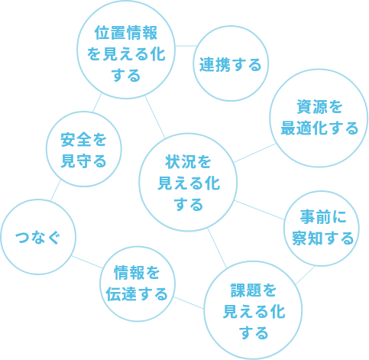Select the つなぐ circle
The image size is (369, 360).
click(x=38, y=199)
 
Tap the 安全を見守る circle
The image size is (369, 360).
click(x=84, y=112)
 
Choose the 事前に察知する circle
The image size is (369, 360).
click(x=322, y=191)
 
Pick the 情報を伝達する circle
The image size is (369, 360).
click(x=138, y=247)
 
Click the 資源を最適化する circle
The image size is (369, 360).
click(x=319, y=70)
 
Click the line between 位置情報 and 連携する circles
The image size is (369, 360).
click(x=184, y=46)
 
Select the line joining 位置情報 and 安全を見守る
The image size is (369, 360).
click(x=97, y=102)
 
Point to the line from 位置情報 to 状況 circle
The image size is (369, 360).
click(x=155, y=117)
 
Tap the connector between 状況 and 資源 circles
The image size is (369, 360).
click(x=254, y=153)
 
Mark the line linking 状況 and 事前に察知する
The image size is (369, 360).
click(x=259, y=209)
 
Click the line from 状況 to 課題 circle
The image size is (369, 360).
click(x=217, y=248)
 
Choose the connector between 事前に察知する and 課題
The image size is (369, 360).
click(x=305, y=275)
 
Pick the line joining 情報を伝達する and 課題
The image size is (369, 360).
click(x=189, y=303)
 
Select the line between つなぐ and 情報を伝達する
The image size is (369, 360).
click(x=87, y=262)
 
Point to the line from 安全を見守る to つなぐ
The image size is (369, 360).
click(x=56, y=190)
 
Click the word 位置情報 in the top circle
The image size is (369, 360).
click(x=126, y=33)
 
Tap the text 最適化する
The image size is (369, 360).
click(x=319, y=128)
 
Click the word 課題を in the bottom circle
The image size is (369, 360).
click(x=254, y=290)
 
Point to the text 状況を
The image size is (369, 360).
click(x=188, y=162)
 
